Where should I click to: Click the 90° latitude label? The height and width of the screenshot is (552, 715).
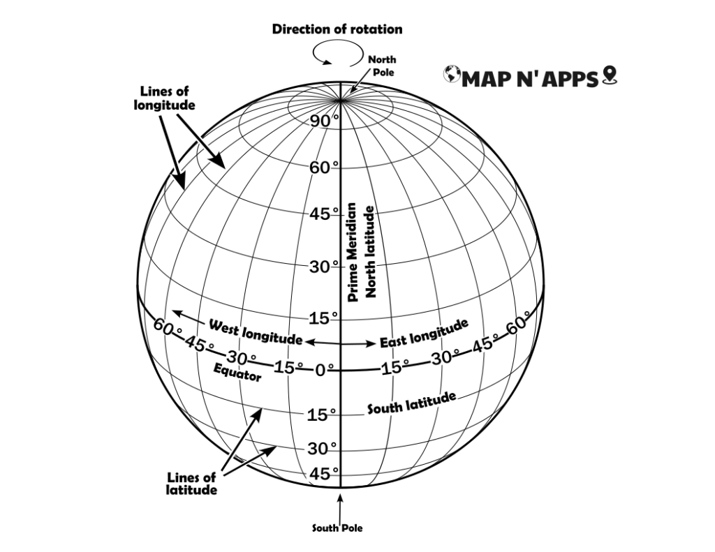[324, 121]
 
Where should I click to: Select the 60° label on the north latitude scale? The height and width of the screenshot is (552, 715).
[324, 167]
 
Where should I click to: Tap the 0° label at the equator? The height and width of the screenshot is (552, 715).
[324, 370]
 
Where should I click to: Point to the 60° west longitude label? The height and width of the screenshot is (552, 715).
[168, 327]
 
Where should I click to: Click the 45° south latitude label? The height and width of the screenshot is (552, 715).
[324, 474]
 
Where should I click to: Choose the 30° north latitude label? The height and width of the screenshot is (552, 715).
[324, 267]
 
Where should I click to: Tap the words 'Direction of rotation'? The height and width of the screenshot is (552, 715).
[337, 29]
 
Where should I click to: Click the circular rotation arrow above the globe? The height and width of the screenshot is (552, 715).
[338, 52]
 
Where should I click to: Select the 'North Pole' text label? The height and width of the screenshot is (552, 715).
[382, 66]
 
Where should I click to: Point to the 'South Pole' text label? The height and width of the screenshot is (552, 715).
[337, 528]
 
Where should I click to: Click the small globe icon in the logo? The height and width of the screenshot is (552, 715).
[452, 74]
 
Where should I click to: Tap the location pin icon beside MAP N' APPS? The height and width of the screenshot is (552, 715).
[609, 75]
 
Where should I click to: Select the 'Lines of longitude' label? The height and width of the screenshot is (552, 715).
[164, 98]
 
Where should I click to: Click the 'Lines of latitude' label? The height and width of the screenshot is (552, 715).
[191, 484]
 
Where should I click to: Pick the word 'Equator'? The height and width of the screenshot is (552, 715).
[237, 373]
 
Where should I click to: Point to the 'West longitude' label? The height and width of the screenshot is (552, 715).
[256, 332]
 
